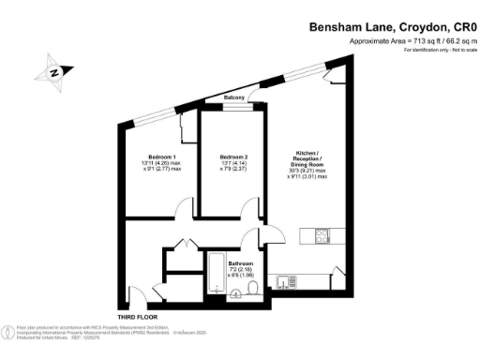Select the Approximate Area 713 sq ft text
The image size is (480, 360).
click(406, 42)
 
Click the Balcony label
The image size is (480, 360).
click(235, 97)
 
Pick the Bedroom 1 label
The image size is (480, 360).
click(162, 156)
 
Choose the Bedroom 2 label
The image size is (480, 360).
click(232, 157)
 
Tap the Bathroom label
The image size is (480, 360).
click(241, 264)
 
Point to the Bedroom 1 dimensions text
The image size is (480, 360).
click(162, 167)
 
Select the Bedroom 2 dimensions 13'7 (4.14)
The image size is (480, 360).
click(232, 163)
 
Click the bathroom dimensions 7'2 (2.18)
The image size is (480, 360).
click(241, 271)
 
